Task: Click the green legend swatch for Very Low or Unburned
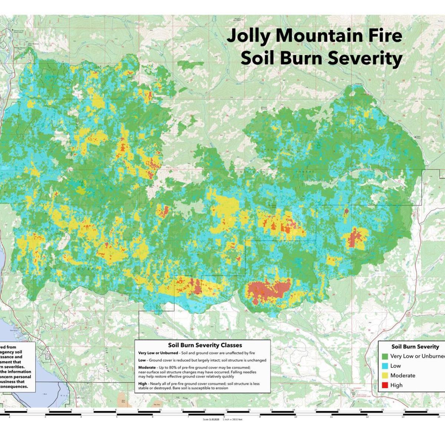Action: click(385, 356)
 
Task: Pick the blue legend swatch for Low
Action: click(385, 366)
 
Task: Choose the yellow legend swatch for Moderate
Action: click(385, 375)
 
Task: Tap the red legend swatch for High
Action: click(385, 385)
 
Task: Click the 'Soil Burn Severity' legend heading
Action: click(415, 347)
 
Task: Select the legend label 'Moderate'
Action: click(403, 375)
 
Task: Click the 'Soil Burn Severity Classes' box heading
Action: click(205, 345)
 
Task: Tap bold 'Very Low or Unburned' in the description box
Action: click(158, 353)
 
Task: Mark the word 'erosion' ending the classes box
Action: click(221, 388)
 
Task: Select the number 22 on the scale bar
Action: click(427, 410)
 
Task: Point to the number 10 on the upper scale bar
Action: click(160, 410)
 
